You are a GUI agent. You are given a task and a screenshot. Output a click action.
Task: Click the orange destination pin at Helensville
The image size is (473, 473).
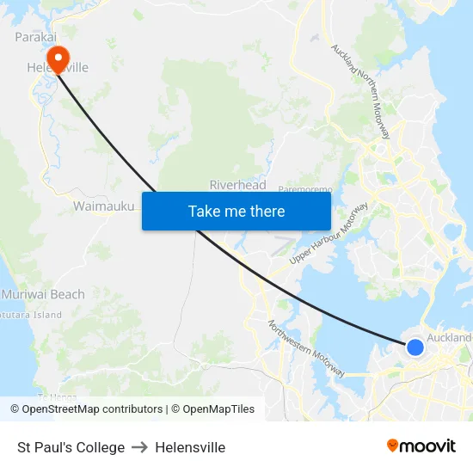[x=58, y=58]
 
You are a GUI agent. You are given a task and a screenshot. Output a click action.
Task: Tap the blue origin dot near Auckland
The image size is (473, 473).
[x=415, y=347]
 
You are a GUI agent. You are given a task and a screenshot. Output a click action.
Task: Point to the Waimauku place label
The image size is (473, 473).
[x=103, y=206]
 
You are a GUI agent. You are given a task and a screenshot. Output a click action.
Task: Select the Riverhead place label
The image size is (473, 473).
[x=237, y=185]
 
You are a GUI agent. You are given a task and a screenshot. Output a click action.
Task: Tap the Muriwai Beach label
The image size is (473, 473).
[x=43, y=294]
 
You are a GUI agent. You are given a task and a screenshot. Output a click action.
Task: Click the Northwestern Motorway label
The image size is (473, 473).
[x=306, y=349]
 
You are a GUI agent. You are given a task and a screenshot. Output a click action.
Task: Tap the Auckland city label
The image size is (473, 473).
[x=450, y=338]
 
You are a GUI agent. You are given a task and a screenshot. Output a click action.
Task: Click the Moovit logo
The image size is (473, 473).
[x=421, y=446]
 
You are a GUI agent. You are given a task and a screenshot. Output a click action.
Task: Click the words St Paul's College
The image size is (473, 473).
[x=71, y=447]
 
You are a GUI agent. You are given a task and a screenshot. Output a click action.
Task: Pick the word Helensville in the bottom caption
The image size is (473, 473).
[x=191, y=447]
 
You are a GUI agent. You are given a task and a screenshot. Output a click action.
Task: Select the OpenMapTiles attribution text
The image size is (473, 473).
[x=213, y=409]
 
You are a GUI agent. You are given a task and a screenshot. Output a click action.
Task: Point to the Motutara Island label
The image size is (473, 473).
[x=31, y=315]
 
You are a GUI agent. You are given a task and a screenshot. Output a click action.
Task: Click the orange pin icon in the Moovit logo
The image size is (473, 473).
[x=393, y=446]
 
